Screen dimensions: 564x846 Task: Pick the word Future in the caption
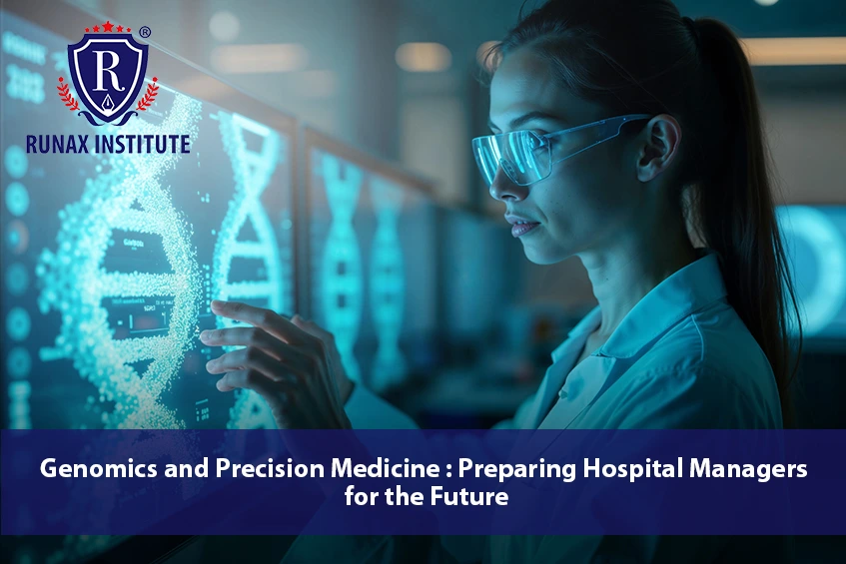(473, 496)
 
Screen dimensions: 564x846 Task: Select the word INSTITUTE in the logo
(143, 144)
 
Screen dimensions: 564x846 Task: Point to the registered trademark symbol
(146, 33)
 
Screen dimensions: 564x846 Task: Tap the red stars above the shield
(109, 26)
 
